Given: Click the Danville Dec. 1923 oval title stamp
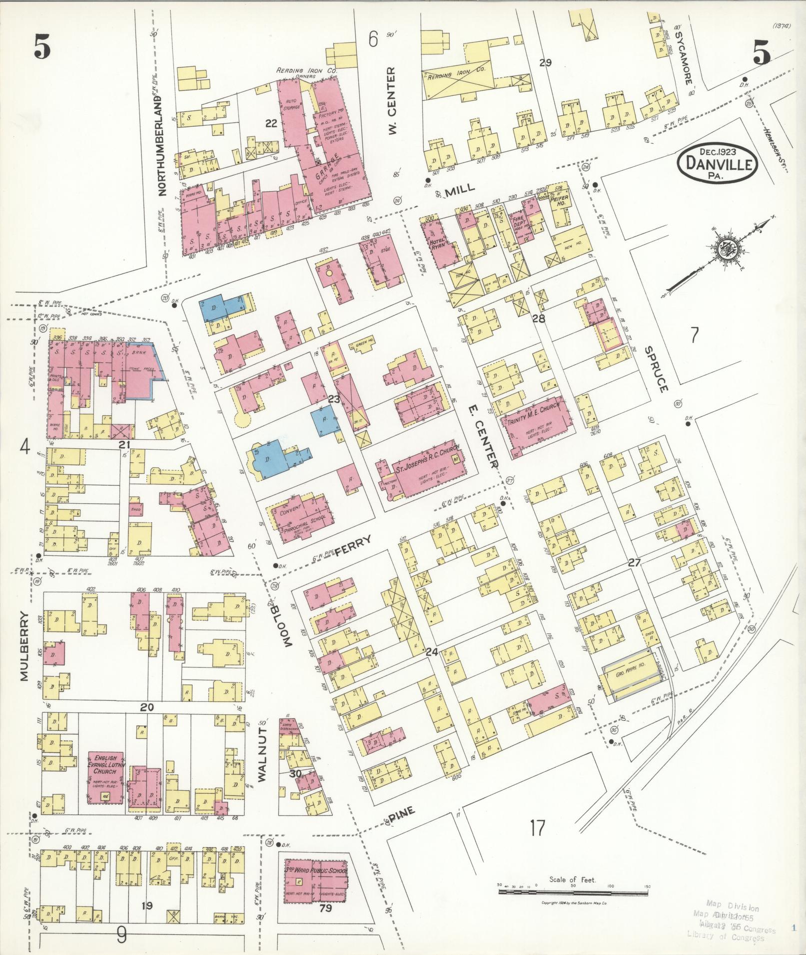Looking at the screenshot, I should pos(718,163).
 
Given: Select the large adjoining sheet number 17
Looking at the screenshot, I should pos(537,828).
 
